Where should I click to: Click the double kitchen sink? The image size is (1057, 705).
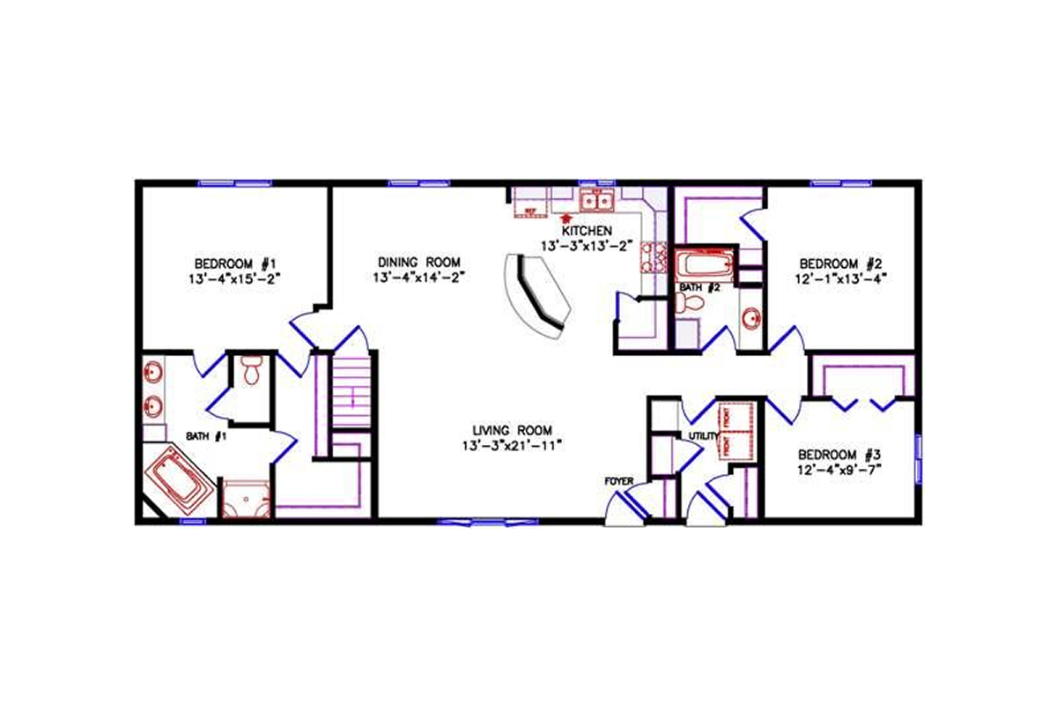click(x=597, y=202)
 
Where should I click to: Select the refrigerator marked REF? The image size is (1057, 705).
click(x=530, y=210)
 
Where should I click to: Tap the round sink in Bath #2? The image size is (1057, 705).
click(x=751, y=318)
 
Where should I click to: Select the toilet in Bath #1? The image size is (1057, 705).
click(x=252, y=370)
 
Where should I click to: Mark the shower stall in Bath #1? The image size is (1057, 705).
click(x=246, y=501)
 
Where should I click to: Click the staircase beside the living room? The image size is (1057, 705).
click(x=353, y=392)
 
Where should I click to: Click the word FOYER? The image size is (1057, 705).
click(x=618, y=480)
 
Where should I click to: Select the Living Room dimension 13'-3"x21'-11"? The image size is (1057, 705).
click(x=512, y=445)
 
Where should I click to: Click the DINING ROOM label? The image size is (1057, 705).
click(x=418, y=262)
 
